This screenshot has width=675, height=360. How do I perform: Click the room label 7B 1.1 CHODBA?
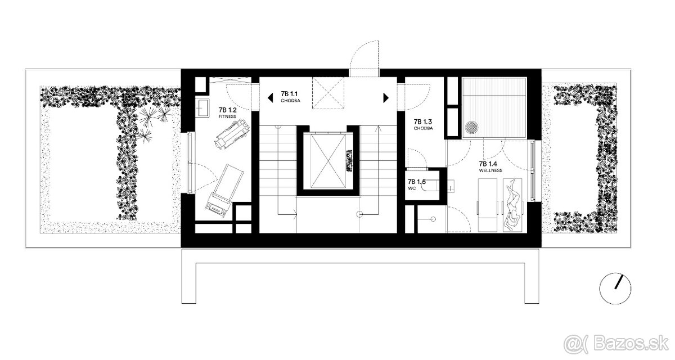[x=290, y=97]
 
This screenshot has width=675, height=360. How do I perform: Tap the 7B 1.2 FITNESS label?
[x=227, y=112]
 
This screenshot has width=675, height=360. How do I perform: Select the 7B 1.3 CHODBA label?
[x=423, y=124]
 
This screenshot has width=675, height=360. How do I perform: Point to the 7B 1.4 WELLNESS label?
[x=490, y=166]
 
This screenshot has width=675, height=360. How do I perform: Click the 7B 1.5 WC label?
[x=416, y=184]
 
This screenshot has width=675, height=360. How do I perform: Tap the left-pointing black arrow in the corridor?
[x=271, y=98]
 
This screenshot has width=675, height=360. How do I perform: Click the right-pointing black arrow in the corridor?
[x=386, y=98]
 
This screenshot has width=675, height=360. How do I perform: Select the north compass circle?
[x=615, y=289]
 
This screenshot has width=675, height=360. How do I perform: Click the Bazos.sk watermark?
[x=616, y=344]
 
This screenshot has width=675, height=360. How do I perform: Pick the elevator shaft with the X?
[x=328, y=161]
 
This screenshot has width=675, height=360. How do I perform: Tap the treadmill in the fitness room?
[x=224, y=191]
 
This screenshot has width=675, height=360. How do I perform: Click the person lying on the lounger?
[x=512, y=205]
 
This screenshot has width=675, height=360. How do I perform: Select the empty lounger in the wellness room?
[x=488, y=205]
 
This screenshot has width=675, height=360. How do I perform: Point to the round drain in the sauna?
[x=470, y=127]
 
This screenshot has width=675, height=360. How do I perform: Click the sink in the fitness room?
[x=204, y=107]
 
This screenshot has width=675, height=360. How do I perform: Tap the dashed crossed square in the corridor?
[x=328, y=93]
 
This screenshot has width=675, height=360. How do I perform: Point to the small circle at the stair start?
[x=359, y=214]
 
